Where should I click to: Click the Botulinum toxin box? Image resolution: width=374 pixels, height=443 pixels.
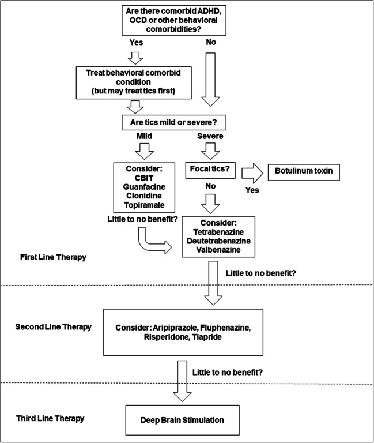click(304, 172)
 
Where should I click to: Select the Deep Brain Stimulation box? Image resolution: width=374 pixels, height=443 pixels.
click(182, 420)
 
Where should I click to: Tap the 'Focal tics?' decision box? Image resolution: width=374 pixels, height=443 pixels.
click(210, 170)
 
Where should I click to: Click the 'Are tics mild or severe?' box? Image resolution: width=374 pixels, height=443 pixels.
click(174, 122)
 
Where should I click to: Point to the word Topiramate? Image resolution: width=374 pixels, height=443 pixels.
click(144, 205)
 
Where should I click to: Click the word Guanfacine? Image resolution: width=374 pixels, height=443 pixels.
click(144, 187)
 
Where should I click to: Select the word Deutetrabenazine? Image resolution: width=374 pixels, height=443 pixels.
click(218, 241)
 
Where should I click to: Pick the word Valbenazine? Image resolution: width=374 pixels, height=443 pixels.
click(218, 250)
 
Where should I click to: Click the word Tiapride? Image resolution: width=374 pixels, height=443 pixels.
click(207, 337)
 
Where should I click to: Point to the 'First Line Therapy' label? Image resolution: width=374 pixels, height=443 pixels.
click(53, 257)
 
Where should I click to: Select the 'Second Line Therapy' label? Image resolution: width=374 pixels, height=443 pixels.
click(54, 327)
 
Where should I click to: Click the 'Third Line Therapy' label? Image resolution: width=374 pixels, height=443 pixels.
click(50, 418)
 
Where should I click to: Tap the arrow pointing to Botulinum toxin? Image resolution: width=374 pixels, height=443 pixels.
click(252, 172)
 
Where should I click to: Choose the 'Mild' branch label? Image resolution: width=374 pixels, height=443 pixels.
click(144, 136)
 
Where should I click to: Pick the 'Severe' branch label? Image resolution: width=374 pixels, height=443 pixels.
click(210, 136)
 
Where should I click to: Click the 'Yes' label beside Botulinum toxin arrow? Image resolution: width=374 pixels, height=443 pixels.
click(252, 190)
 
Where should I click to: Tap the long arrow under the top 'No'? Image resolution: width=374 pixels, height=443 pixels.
click(210, 80)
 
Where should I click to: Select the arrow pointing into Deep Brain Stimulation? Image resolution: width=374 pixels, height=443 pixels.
click(182, 381)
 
